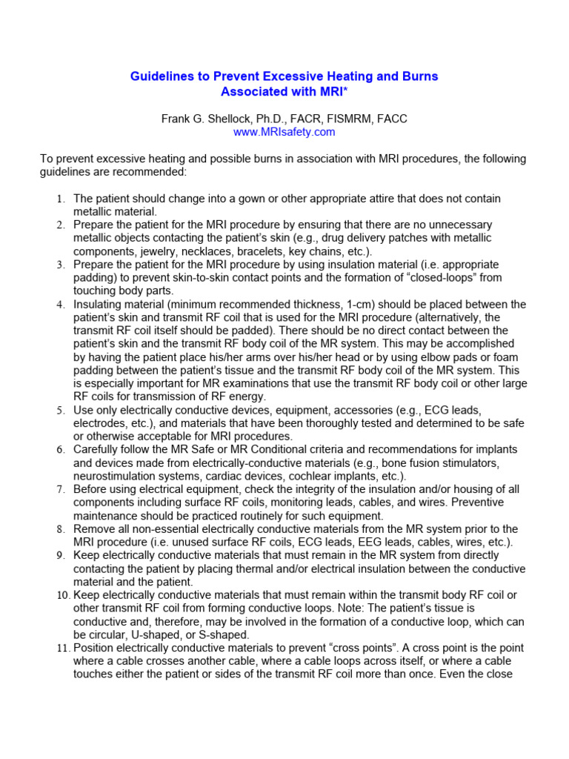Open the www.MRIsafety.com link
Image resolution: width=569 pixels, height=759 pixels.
(x=284, y=132)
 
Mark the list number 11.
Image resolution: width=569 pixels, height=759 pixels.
(x=62, y=649)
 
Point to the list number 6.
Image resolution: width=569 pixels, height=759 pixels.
(x=62, y=450)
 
